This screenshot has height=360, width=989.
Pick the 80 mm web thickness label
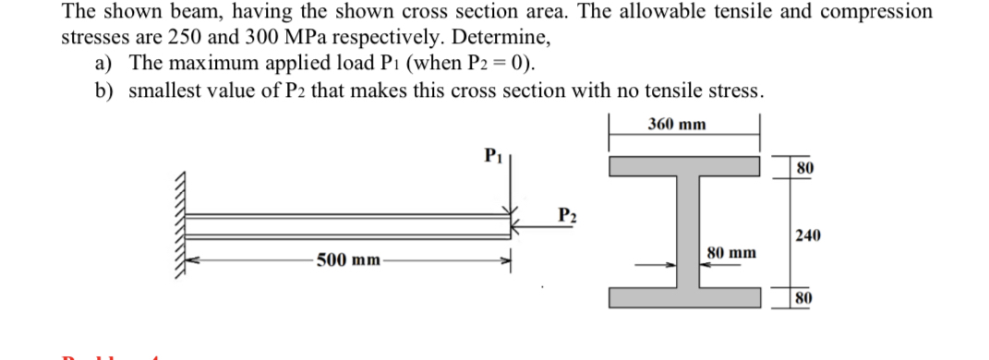coord(731,251)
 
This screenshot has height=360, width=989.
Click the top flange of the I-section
coord(683,166)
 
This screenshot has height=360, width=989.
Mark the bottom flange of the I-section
coord(683,297)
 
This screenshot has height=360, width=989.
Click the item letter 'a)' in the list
coord(105,64)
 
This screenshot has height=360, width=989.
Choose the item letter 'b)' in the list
coord(106,90)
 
